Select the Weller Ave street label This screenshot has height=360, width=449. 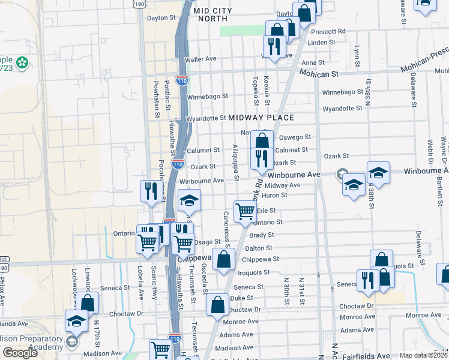point(200,59)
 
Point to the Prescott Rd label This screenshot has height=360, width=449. point(333,31)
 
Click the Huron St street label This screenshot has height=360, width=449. point(274,195)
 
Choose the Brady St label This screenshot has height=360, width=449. point(262,235)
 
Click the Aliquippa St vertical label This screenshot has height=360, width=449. point(235,161)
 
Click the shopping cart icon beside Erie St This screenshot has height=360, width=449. point(245,211)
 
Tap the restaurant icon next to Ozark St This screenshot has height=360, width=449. point(262,158)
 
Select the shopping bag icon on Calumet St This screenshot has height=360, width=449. point(262,142)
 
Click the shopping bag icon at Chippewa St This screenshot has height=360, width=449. point(223,260)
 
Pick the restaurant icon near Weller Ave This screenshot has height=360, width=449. point(274,47)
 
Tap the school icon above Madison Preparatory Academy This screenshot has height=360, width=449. point(77,322)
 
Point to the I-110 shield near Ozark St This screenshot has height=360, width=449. point(178,163)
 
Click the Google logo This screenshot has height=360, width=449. point(20,353)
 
